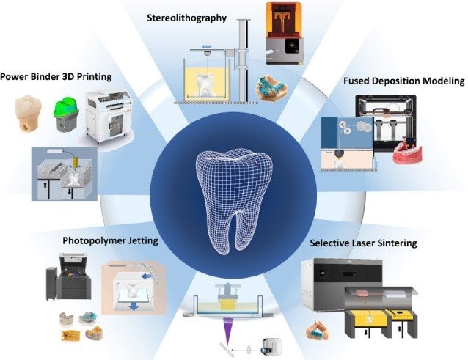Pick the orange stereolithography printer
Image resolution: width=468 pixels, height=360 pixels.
point(285,34)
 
